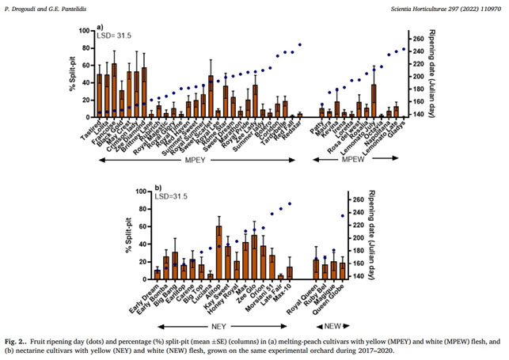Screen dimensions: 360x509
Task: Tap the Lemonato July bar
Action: point(374,100)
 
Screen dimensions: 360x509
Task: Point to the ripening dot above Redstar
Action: point(300,45)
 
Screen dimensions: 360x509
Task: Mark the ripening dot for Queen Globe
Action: point(343,216)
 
